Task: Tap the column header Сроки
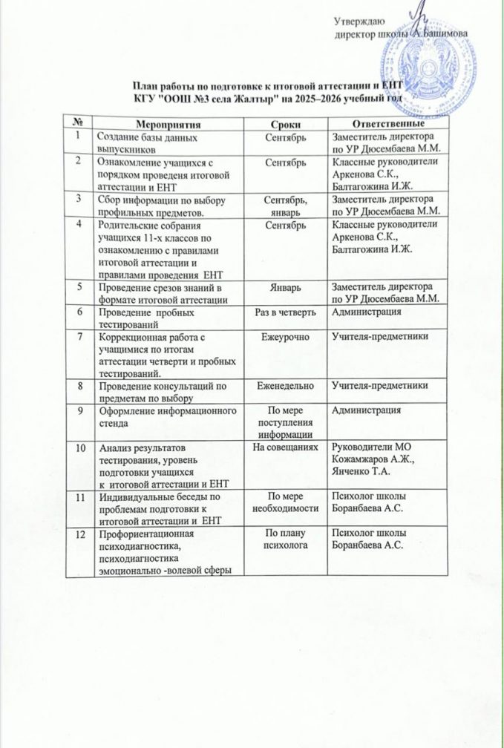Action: [x=285, y=122]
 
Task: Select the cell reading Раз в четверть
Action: [x=285, y=312]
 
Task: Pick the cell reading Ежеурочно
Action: [x=285, y=338]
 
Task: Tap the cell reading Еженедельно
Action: [x=285, y=384]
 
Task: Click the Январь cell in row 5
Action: [x=285, y=288]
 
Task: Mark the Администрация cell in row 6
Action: [x=367, y=312]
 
